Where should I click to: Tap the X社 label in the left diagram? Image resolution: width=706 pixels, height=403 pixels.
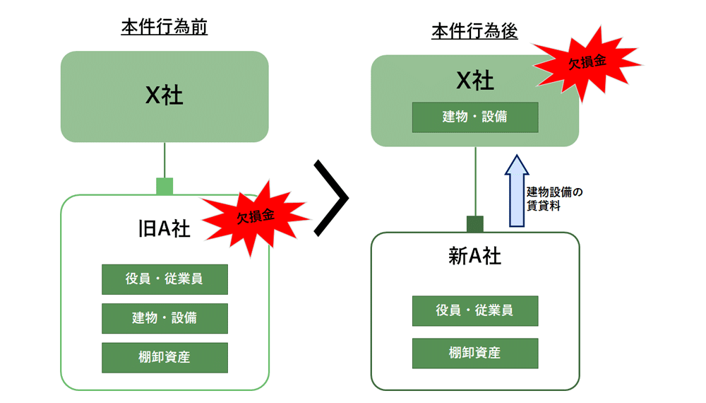[x=164, y=95]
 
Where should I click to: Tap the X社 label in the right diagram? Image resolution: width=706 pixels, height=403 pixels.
[x=474, y=81]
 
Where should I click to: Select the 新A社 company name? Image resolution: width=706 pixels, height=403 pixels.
[x=474, y=256]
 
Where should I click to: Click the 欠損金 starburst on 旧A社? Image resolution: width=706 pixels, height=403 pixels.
[x=256, y=216]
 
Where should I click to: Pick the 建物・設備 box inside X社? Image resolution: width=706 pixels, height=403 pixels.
[x=474, y=117]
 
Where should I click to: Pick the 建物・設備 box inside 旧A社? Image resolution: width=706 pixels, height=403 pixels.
[x=164, y=318]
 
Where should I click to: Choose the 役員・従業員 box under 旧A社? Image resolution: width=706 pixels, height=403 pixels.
[x=164, y=279]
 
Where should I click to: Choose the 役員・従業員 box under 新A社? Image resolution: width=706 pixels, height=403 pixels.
[x=474, y=310]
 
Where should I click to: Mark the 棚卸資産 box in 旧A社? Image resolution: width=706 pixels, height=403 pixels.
[x=164, y=357]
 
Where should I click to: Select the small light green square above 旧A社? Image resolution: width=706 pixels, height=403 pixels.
[x=164, y=186]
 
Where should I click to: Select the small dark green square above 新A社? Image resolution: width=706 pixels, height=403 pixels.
[x=475, y=224]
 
